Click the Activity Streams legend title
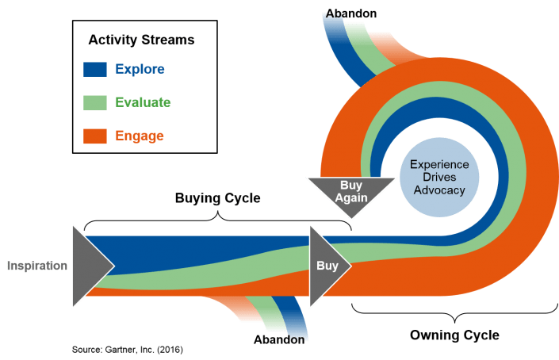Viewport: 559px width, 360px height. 141,40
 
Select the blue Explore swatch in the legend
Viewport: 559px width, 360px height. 95,69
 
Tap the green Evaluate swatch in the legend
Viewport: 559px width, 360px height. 95,102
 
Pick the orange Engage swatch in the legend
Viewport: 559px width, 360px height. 95,136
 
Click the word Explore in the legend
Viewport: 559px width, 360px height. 140,69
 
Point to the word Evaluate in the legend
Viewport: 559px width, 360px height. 143,102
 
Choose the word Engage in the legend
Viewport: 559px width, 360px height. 140,136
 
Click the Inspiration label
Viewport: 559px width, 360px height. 37,266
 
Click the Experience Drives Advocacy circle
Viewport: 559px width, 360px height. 439,177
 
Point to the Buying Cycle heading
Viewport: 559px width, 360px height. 218,198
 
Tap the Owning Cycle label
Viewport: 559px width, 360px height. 454,335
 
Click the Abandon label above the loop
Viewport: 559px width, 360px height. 351,13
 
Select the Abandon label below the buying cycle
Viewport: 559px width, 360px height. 279,339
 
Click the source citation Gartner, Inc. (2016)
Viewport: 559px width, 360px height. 128,350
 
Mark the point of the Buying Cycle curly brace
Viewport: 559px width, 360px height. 218,212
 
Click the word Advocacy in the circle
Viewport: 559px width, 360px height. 439,190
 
